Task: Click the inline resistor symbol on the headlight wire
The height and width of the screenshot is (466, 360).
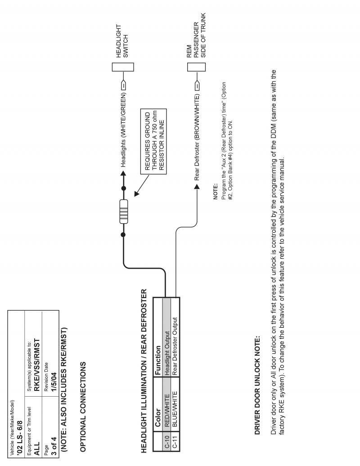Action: point(123,211)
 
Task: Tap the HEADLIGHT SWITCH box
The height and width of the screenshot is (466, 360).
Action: point(123,67)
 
